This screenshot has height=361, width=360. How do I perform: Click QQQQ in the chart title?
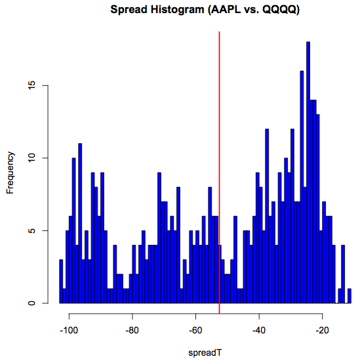coord(280,11)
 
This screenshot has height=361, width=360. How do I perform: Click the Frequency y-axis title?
coord(10,172)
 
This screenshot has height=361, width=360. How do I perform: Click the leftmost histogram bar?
coord(61,282)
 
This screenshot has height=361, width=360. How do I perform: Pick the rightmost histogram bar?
coord(350,296)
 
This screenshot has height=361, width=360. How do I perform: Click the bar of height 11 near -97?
coord(80,223)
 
